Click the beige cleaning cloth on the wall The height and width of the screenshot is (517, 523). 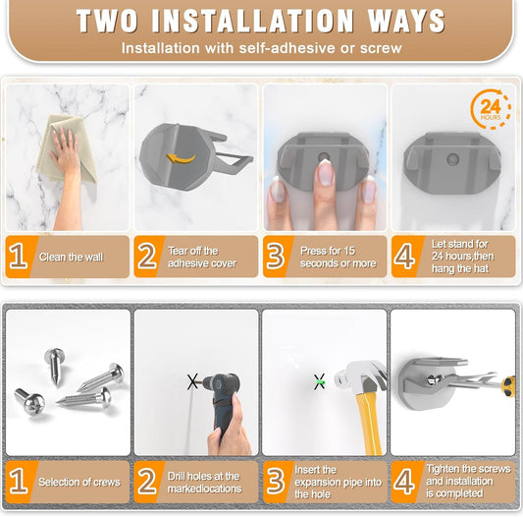[62, 147]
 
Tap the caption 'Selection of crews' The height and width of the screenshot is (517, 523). [78, 482]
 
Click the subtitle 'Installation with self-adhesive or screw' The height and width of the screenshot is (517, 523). [261, 47]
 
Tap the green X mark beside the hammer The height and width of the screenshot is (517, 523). [319, 381]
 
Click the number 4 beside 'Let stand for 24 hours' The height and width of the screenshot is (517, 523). [404, 258]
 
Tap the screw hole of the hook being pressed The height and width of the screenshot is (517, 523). [323, 154]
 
